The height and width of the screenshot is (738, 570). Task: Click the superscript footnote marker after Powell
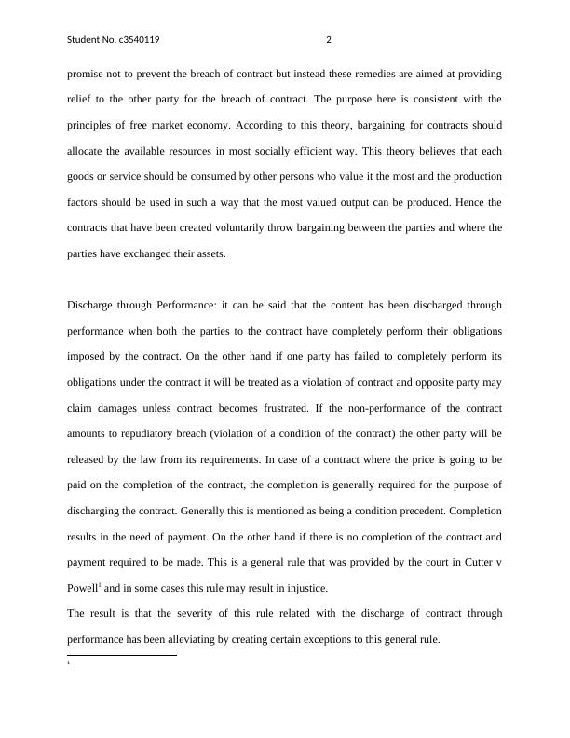(100, 585)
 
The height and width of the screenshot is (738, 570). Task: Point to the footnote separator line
(122, 655)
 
